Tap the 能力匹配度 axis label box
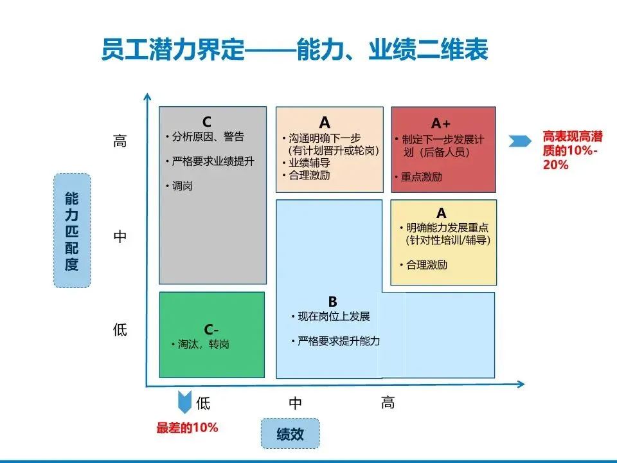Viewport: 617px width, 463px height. pos(71,230)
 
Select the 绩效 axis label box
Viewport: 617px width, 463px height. pos(290,433)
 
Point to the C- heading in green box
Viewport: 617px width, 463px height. pos(211,330)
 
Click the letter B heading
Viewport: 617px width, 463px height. pos(332,301)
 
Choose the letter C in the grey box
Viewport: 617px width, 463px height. pos(206,121)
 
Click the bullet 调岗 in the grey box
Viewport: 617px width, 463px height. pos(182,186)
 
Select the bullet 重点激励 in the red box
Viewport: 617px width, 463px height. pos(421,177)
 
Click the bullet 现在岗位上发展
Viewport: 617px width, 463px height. pos(334,316)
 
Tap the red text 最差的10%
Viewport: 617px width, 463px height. pos(187,427)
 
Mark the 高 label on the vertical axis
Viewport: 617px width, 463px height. pos(120,141)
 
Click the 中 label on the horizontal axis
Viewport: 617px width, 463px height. pos(295,403)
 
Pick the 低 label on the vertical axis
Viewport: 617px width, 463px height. pos(120,331)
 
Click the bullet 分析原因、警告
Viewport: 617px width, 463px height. pos(208,137)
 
